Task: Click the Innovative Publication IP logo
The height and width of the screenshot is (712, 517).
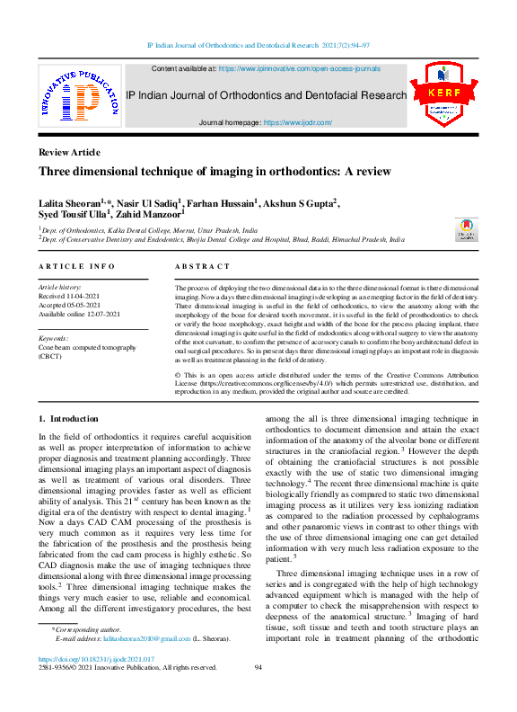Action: point(80,95)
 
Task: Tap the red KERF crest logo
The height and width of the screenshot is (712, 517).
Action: point(443,95)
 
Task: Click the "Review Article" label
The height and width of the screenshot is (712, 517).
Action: point(69,153)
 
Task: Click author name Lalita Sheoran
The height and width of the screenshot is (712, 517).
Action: point(68,204)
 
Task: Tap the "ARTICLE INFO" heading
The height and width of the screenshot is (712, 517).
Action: point(77,267)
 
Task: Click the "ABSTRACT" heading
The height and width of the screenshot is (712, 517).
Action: point(202,267)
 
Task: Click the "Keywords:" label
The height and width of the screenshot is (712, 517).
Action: point(56,338)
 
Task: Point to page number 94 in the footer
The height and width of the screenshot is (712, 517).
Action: point(258,667)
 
